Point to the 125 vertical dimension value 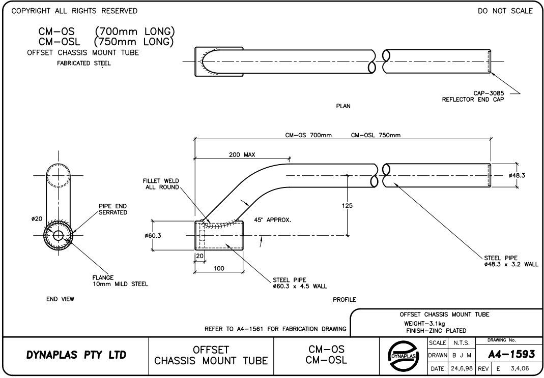click(x=347, y=206)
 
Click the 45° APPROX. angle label click(x=272, y=220)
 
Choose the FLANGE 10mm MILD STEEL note click(x=120, y=281)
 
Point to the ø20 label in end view click(x=37, y=219)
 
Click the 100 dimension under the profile click(x=219, y=268)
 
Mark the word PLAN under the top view click(x=343, y=106)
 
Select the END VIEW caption click(x=60, y=299)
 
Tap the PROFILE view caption click(x=344, y=300)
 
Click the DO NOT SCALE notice click(x=505, y=11)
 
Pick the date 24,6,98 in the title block click(x=462, y=368)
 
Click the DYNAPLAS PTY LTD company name click(x=76, y=355)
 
